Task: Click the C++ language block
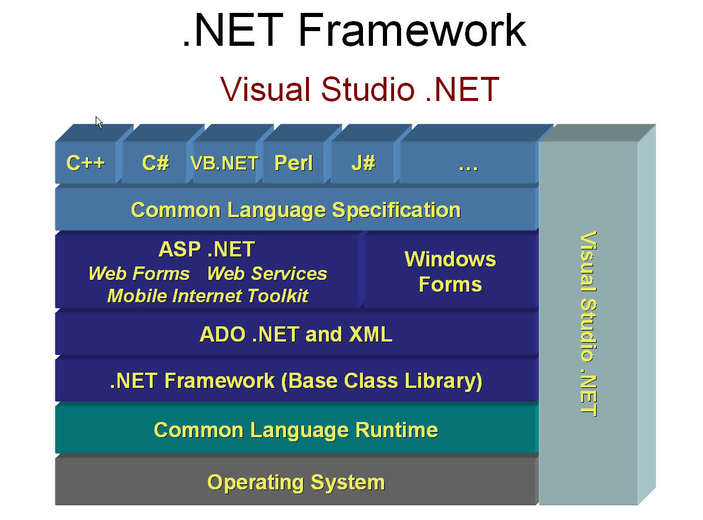pos(86,162)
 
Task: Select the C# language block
pos(154,162)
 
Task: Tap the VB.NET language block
pos(224,162)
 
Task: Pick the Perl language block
pos(293,162)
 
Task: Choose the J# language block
pos(363,162)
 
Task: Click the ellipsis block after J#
pos(468,162)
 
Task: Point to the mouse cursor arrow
pos(99,122)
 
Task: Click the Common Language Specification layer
pos(296,210)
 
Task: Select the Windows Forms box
pos(450,271)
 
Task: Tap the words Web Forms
pos(139,273)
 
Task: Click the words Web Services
pos(267,273)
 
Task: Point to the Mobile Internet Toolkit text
pos(207,296)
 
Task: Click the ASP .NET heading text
pos(207,249)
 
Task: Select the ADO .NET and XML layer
pos(296,334)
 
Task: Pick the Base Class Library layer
pos(296,380)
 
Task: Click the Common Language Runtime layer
pos(296,430)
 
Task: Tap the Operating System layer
pos(296,482)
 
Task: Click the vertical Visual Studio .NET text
pos(588,324)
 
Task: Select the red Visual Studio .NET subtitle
pos(359,89)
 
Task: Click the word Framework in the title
pos(412,30)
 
